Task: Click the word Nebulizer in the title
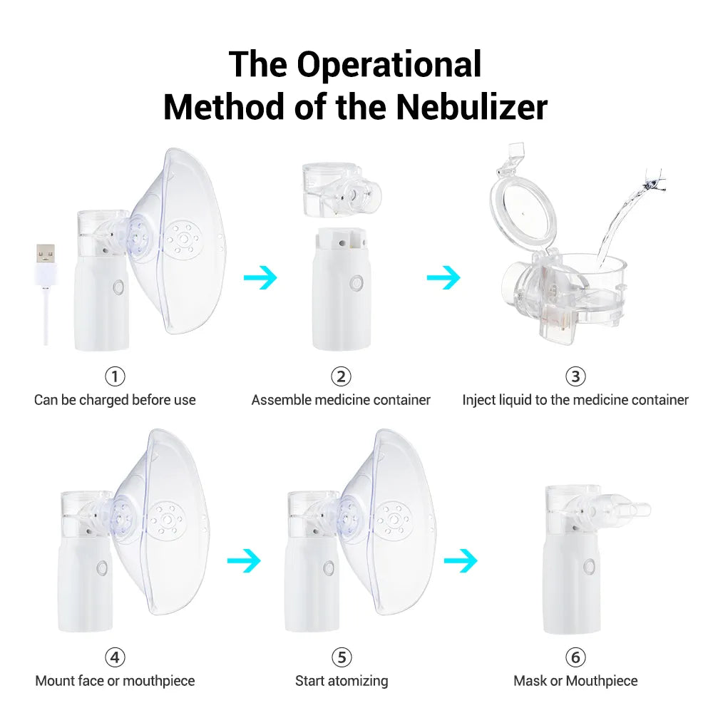coord(472,107)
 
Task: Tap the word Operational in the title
coord(389,64)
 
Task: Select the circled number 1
coord(115,376)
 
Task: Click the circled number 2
coord(341,376)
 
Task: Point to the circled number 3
coord(575,376)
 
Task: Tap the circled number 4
coord(115,657)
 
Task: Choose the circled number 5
coord(342,657)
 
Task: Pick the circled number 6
coord(575,657)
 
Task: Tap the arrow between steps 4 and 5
coord(244,561)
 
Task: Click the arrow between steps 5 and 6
coord(461,561)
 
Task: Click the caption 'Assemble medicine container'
coord(341,400)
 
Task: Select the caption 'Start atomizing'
coord(342,681)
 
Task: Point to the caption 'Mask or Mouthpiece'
coord(575,681)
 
